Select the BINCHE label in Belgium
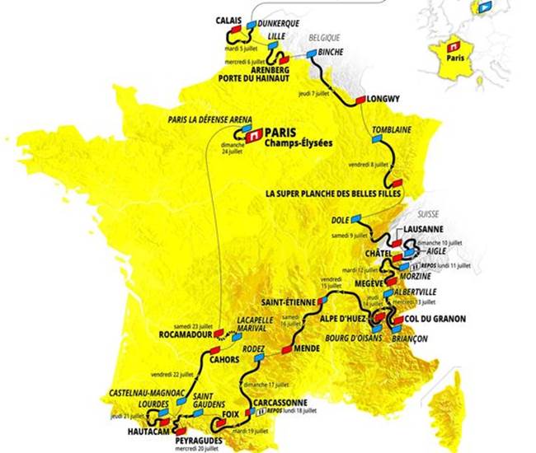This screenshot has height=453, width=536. tap(330, 51)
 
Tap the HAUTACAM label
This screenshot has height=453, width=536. tap(149, 430)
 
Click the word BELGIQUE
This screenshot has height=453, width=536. tap(325, 38)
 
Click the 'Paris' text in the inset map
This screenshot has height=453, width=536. tap(452, 59)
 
